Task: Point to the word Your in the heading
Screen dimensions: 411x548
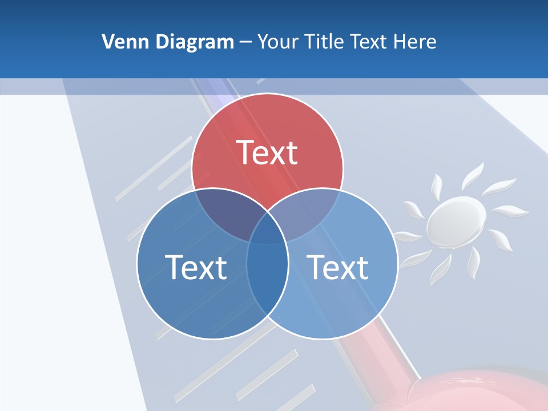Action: [279, 42]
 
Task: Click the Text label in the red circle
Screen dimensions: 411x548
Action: [267, 152]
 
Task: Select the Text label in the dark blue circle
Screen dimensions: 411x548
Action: [196, 267]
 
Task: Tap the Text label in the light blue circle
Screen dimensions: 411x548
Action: [338, 267]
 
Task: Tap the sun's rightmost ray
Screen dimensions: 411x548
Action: [506, 211]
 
